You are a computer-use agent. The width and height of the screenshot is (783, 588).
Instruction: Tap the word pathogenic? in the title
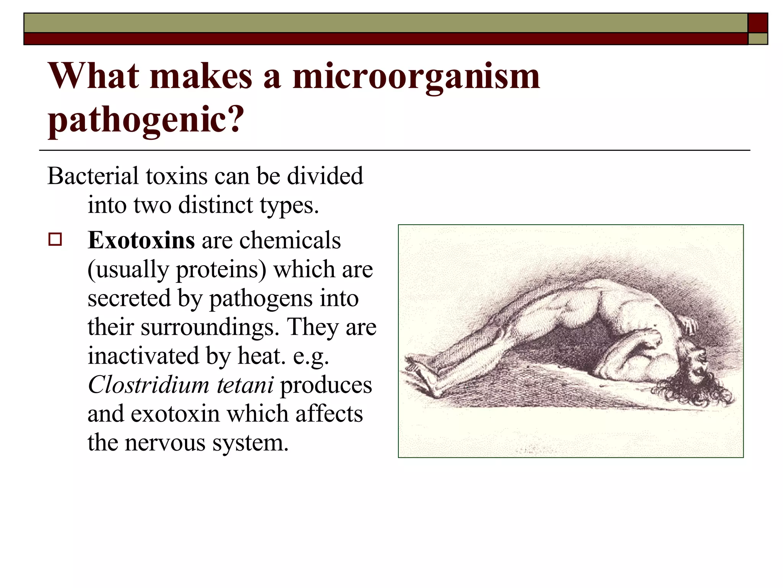[146, 119]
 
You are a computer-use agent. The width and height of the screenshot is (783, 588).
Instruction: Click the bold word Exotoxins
[141, 240]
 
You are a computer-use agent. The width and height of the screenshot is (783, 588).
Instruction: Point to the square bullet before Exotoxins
[55, 240]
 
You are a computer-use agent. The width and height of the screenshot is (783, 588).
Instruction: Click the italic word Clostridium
[148, 385]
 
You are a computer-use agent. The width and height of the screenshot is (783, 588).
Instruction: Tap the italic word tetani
[245, 385]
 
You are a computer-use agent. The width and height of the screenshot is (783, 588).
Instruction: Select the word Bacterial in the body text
[93, 176]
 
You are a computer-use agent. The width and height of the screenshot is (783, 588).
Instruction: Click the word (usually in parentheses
[128, 270]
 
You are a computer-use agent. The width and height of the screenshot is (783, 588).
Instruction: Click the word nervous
[165, 443]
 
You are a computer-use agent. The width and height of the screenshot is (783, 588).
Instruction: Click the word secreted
[129, 299]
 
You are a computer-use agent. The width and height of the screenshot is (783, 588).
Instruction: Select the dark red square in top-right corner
[758, 23]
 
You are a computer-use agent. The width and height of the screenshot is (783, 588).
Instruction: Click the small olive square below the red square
[758, 39]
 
